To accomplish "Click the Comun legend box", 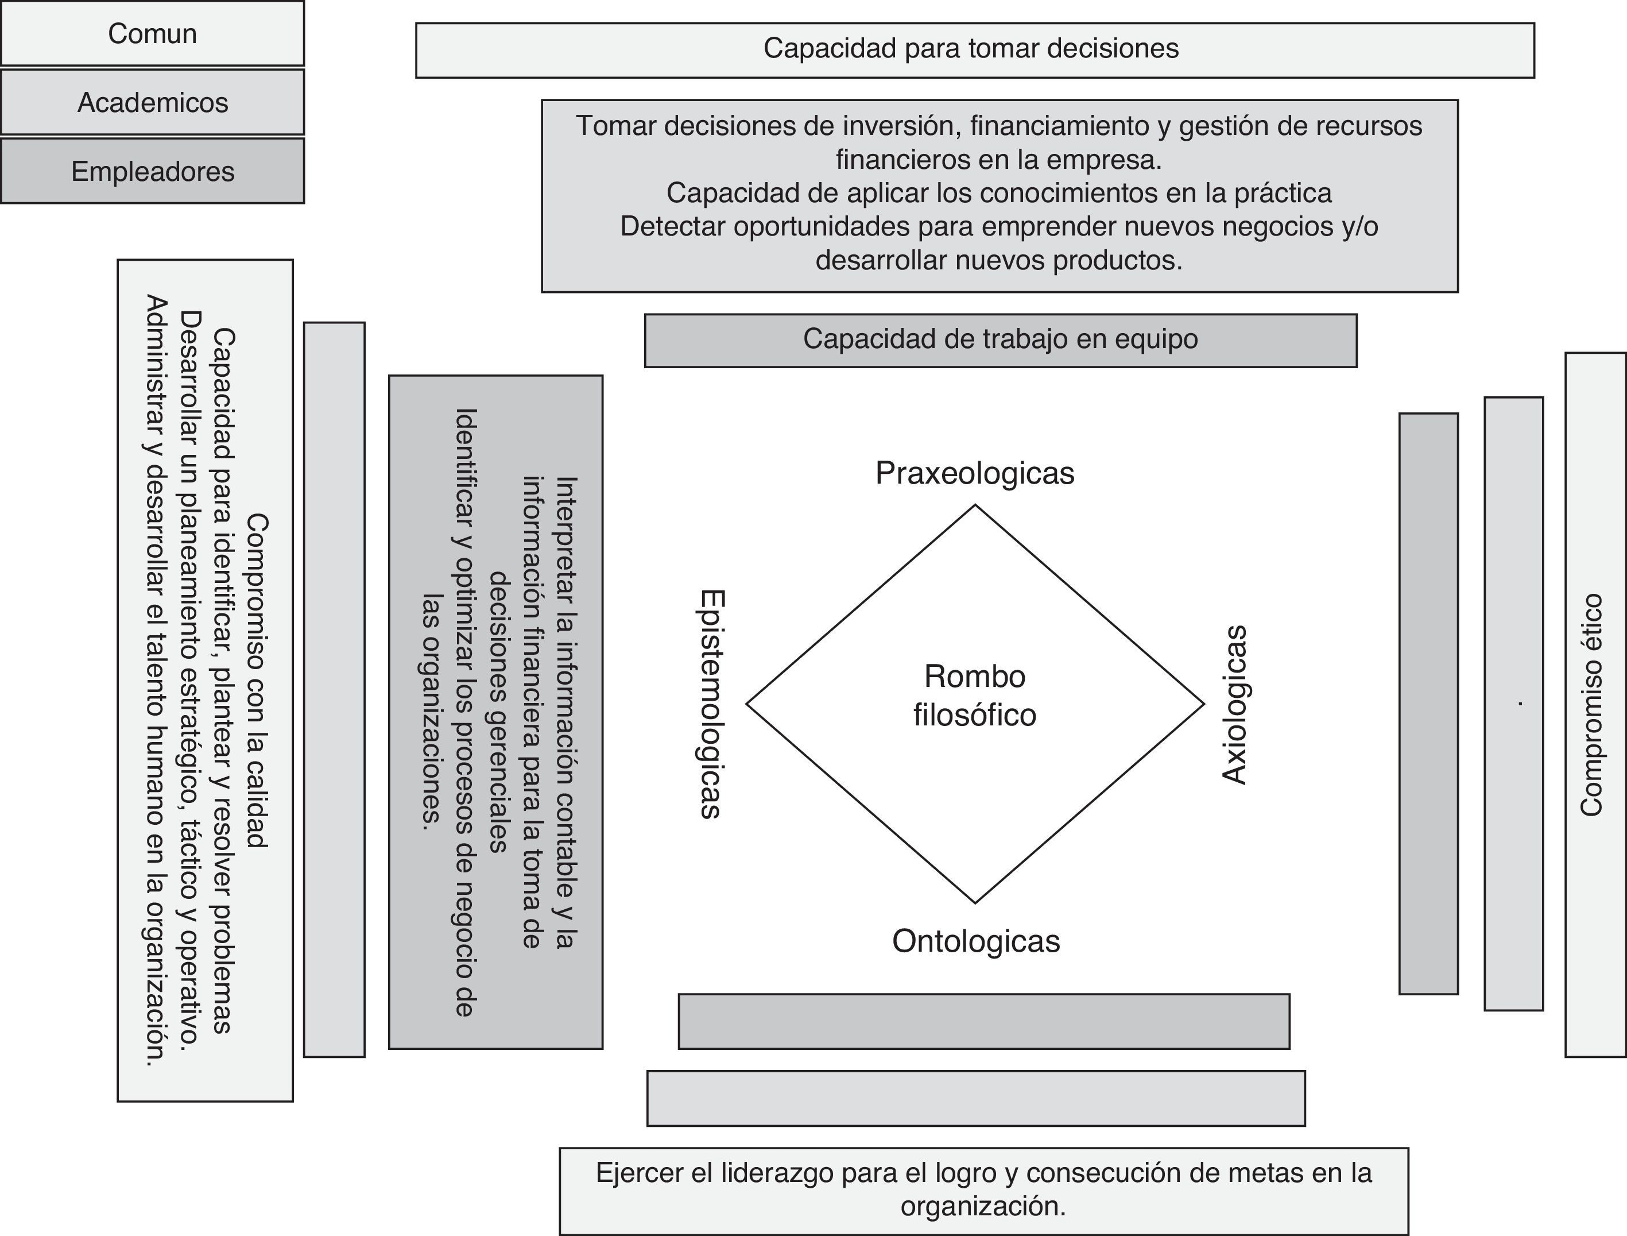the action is (152, 33).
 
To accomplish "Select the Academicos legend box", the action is (152, 102).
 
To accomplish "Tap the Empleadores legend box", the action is (152, 171).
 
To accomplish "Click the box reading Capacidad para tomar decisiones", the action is (975, 50).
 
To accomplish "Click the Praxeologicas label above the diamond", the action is (975, 473).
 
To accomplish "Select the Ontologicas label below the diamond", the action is (976, 941).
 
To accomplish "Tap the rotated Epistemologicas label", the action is (711, 704).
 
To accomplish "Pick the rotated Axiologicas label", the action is (1235, 705).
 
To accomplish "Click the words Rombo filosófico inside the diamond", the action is (975, 695).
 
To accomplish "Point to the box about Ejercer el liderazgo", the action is (984, 1191).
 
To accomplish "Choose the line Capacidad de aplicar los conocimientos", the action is (999, 193).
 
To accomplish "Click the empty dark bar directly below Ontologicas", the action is (984, 1021).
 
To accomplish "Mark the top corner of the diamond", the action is (975, 505).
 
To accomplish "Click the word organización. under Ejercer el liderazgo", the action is (983, 1207).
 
